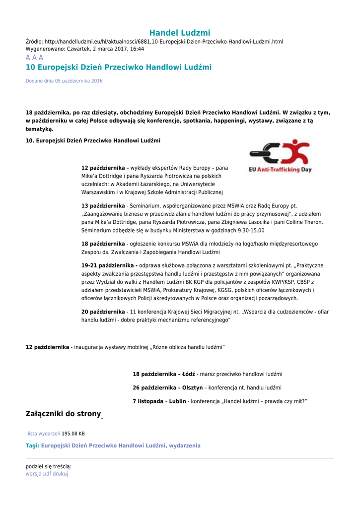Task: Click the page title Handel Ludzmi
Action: [x=180, y=33]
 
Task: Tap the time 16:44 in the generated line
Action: [x=137, y=49]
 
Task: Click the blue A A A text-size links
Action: [x=34, y=58]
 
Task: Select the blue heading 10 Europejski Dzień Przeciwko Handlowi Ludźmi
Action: [x=118, y=67]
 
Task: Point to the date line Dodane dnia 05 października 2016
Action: [x=64, y=81]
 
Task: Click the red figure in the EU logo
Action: [x=296, y=151]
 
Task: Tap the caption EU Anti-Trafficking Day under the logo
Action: [x=280, y=170]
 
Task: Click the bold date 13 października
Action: [x=103, y=205]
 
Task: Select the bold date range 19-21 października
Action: [x=109, y=265]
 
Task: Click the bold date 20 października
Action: [x=103, y=312]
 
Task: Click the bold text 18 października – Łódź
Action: [x=164, y=374]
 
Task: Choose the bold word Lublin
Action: [x=177, y=401]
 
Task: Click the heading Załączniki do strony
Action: [x=63, y=414]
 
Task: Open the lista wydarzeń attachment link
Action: [x=44, y=434]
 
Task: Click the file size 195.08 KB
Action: [x=73, y=434]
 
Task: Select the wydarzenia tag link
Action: [x=185, y=445]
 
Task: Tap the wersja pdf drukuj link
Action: [x=47, y=474]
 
